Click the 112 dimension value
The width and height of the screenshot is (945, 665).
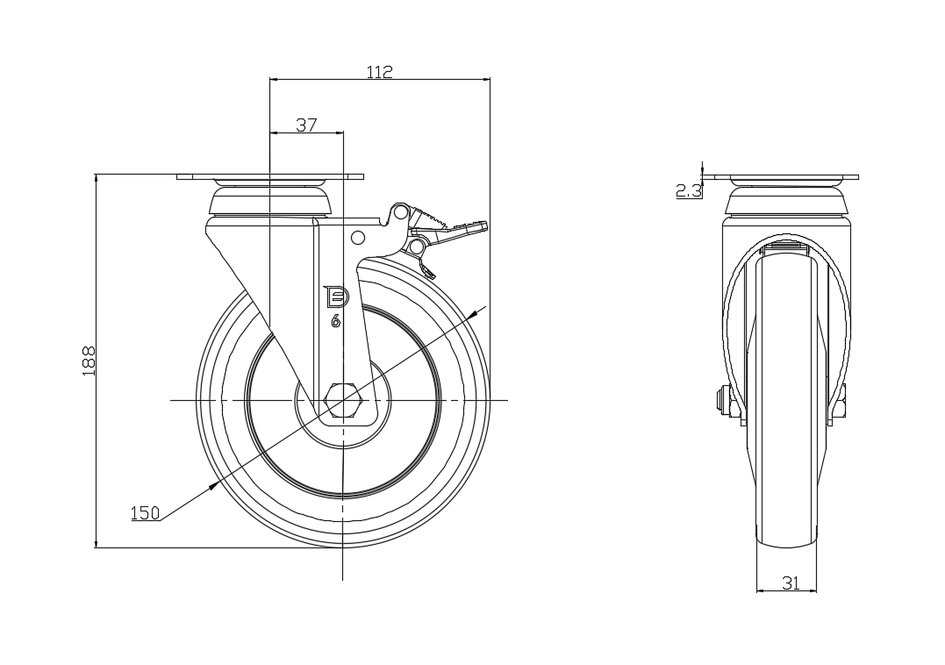click(379, 72)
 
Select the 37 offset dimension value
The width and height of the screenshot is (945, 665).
click(305, 125)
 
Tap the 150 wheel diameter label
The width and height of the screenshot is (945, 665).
click(146, 513)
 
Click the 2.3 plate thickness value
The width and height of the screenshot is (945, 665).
click(689, 190)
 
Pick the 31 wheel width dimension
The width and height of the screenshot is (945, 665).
click(791, 583)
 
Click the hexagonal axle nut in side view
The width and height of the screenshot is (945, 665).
click(343, 401)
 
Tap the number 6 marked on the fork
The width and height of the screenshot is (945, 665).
click(335, 321)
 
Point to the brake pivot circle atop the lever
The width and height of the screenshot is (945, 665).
click(400, 212)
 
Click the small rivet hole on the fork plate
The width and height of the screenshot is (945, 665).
click(357, 237)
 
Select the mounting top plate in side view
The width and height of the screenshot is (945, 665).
click(270, 177)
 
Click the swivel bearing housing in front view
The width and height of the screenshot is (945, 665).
click(786, 204)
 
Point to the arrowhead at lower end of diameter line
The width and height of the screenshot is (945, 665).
click(212, 484)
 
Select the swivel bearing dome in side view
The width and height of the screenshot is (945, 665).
click(270, 202)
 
